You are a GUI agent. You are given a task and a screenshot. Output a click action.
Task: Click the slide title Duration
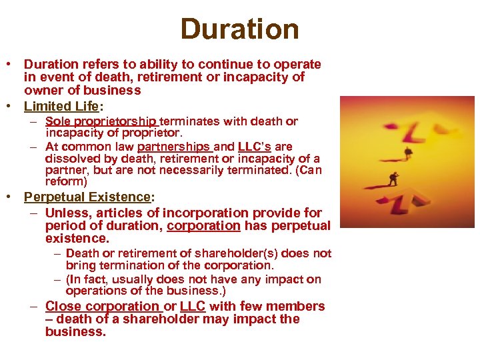(x=239, y=29)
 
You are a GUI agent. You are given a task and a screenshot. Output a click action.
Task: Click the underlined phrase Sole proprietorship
(x=101, y=121)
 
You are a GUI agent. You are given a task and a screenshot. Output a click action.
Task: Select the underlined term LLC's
(x=254, y=146)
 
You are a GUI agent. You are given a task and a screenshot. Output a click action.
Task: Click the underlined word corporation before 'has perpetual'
(x=203, y=225)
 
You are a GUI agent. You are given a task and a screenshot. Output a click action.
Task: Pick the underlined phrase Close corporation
(x=103, y=306)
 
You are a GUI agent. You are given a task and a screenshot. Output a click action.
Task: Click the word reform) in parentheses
(x=66, y=181)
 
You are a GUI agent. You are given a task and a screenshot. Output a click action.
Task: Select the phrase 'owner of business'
(x=82, y=90)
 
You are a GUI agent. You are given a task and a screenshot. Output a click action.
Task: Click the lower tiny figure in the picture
(x=393, y=179)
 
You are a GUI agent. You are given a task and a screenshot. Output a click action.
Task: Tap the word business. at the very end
(x=75, y=331)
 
